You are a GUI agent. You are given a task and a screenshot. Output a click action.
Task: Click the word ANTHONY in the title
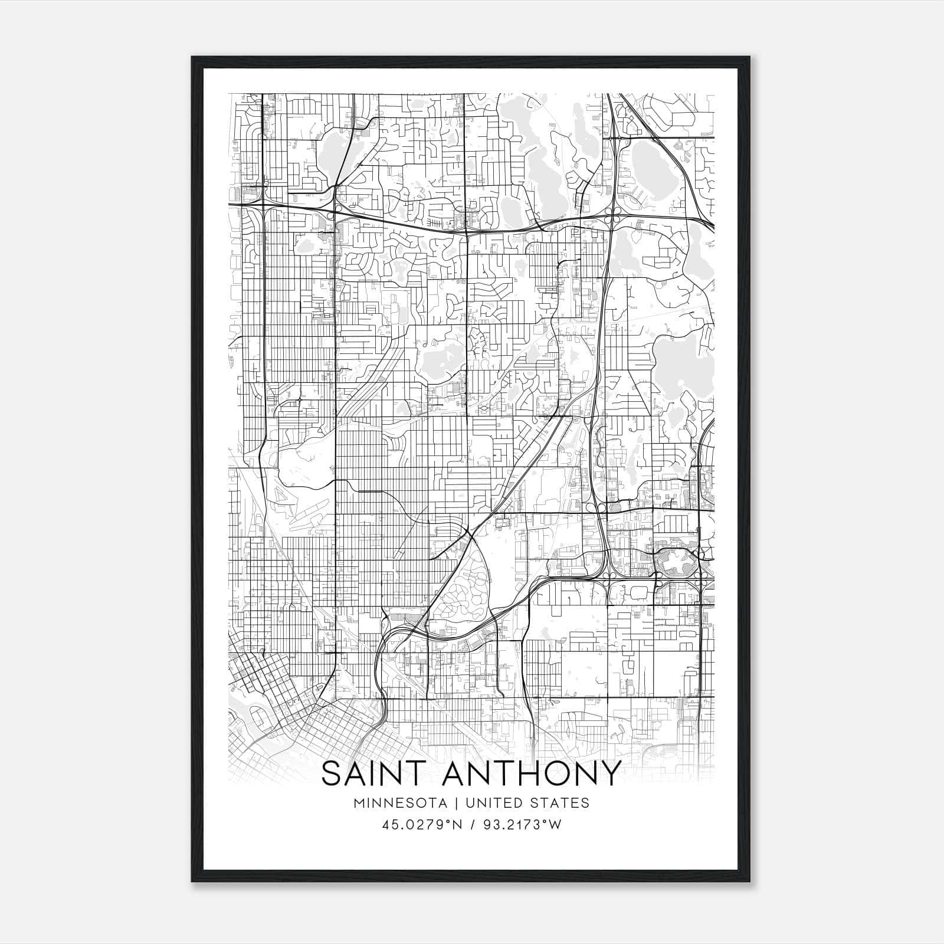pos(533,773)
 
